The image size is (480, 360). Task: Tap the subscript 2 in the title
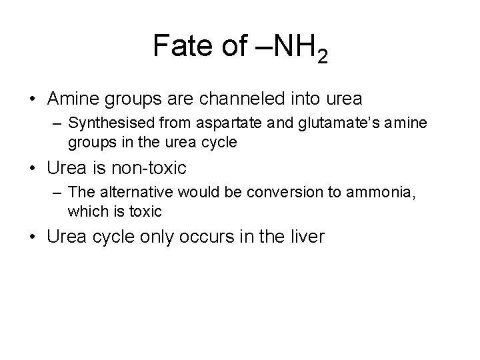[322, 58]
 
